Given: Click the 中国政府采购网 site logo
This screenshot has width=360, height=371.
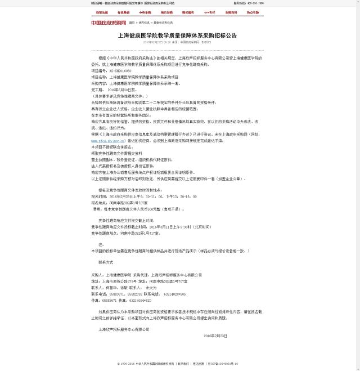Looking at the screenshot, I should pyautogui.click(x=110, y=23).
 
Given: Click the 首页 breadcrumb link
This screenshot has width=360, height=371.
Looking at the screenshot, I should pyautogui.click(x=132, y=23).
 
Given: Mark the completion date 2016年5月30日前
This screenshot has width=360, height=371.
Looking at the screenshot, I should pyautogui.click(x=121, y=89).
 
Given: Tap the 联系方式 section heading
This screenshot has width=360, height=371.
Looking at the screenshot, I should pyautogui.click(x=106, y=262).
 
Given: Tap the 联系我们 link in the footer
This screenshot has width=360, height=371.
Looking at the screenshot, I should pyautogui.click(x=182, y=364).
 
